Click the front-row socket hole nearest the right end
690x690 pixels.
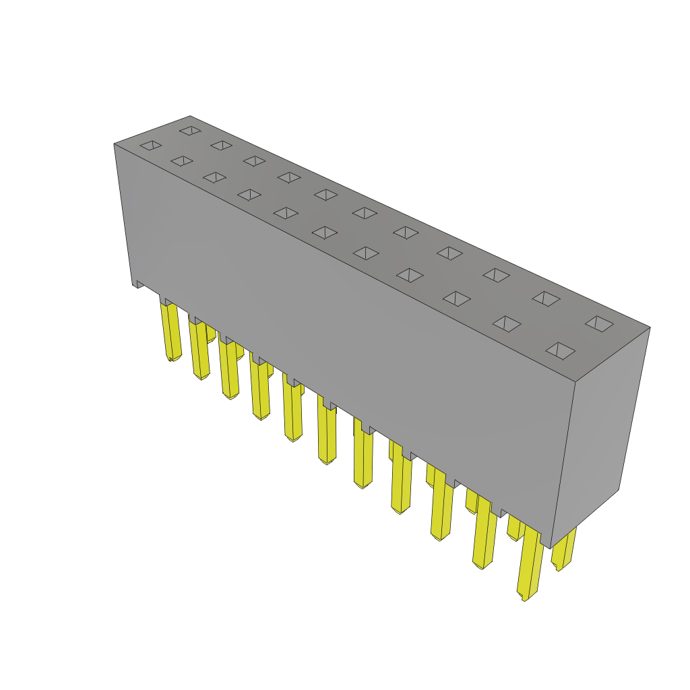[560, 350]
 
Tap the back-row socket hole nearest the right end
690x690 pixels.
[599, 323]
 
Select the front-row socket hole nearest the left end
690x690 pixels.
[150, 145]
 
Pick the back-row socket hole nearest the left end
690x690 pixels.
[190, 130]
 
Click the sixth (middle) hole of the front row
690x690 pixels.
[325, 232]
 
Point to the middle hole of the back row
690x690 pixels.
[365, 213]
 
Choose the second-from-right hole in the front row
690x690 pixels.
[507, 323]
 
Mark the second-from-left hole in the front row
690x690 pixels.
[181, 161]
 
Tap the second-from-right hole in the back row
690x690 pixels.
[546, 299]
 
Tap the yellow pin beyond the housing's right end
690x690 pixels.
[563, 549]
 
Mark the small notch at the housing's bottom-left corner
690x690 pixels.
[138, 284]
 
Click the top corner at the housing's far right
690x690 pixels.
[650, 327]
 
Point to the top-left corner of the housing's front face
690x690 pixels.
[115, 144]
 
